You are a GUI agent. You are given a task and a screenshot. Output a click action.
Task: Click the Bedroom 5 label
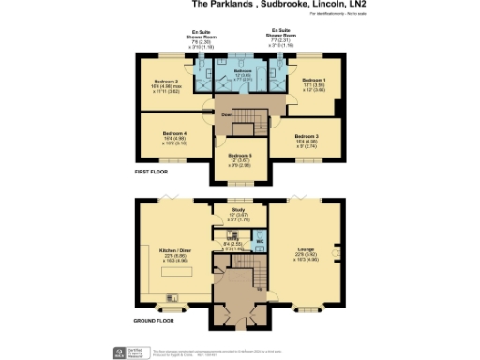pyautogui.click(x=239, y=156)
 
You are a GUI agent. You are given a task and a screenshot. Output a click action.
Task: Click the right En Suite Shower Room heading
pyautogui.click(x=281, y=36)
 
